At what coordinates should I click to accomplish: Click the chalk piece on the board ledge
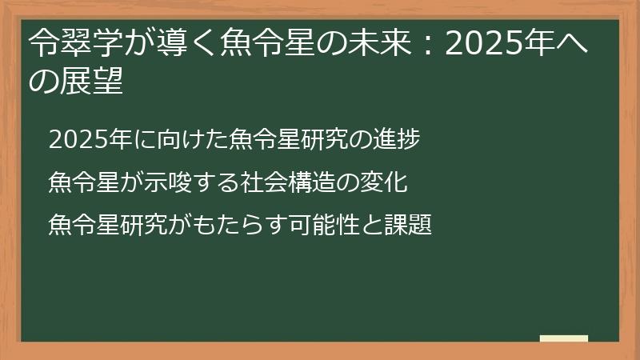click(563, 338)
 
